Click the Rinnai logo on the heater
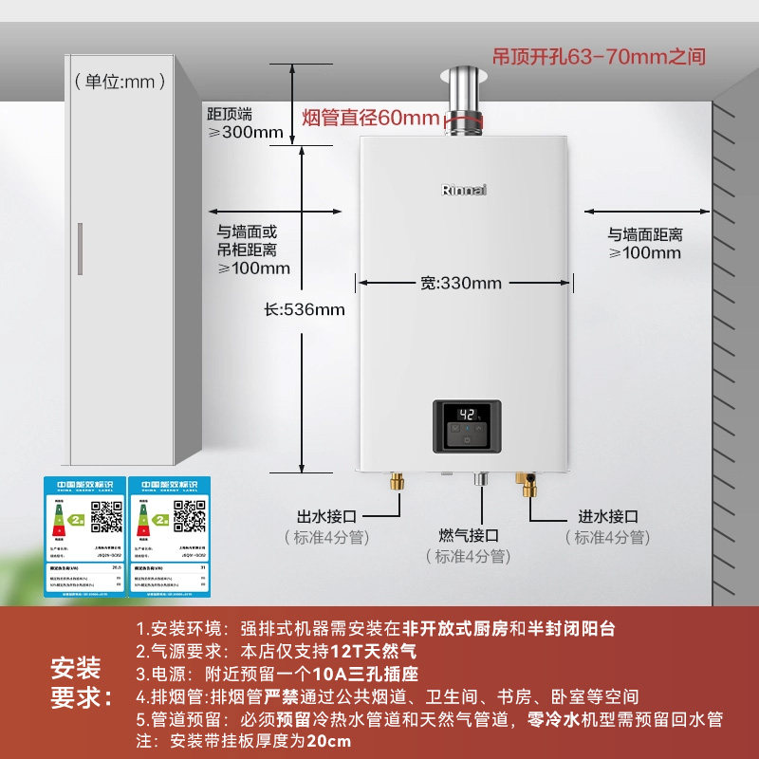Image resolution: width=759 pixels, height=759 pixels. pos(464,189)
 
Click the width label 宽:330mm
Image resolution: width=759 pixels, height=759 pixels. pos(460,283)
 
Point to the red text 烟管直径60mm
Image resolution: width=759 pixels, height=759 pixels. pos(370,119)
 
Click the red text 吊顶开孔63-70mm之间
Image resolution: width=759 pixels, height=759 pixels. pos(599,56)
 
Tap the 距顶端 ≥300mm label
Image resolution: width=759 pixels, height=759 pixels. pos(245,122)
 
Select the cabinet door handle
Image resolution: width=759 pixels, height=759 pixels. pos(80,249)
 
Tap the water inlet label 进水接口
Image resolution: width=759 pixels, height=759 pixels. pos(608,516)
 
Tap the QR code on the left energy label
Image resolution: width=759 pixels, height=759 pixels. pos(105,518)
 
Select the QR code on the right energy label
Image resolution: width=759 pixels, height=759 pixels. pos(190,518)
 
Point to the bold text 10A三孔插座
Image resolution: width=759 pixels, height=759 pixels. pos(369,675)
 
